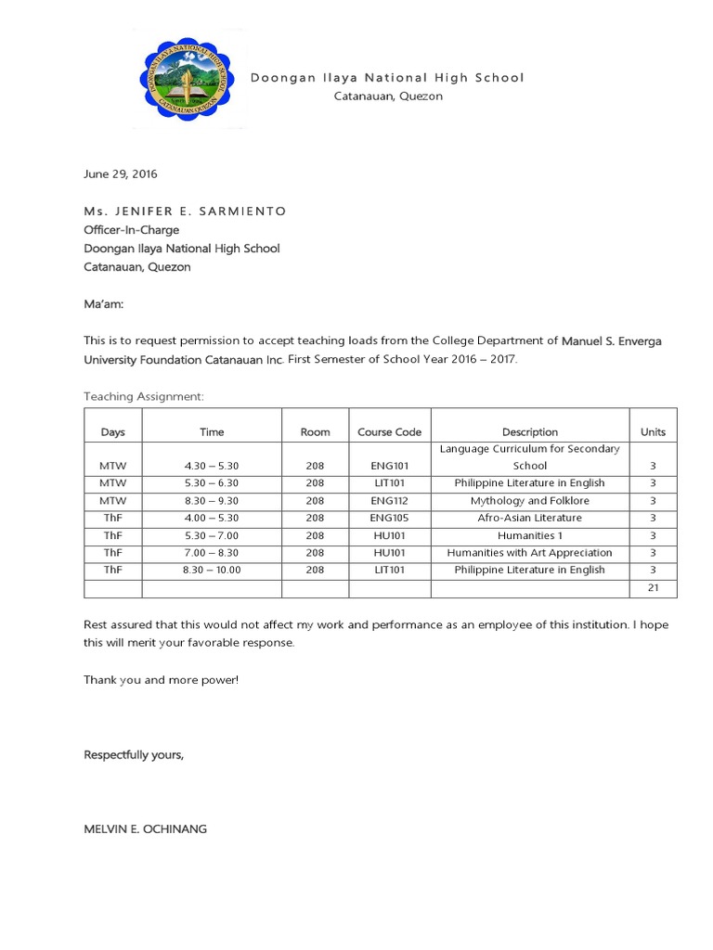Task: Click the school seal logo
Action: (x=189, y=78)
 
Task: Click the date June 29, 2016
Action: (x=121, y=173)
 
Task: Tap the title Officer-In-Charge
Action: (x=132, y=230)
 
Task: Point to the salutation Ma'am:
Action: (x=103, y=304)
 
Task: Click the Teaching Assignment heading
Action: (x=143, y=396)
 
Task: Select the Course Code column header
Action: (x=389, y=431)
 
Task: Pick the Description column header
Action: (x=529, y=431)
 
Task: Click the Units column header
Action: (x=653, y=431)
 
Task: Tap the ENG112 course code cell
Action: (x=389, y=500)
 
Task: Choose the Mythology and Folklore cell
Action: (x=529, y=500)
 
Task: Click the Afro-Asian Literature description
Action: (x=529, y=518)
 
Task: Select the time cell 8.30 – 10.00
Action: (x=212, y=570)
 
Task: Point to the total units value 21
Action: (x=653, y=588)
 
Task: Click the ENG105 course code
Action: (x=389, y=518)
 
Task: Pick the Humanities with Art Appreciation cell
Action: (x=529, y=553)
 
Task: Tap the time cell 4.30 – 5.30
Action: (x=212, y=466)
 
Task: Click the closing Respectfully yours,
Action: (x=134, y=755)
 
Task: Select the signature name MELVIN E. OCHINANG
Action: (x=146, y=828)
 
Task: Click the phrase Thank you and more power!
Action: (x=162, y=680)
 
